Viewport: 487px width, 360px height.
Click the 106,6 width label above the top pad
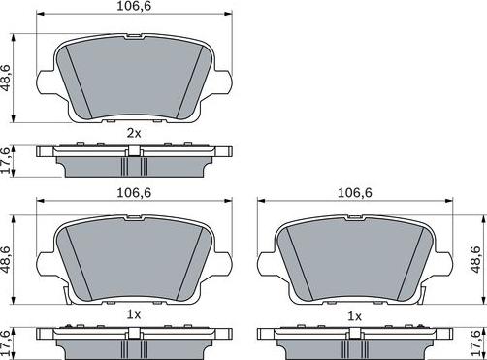coord(135,10)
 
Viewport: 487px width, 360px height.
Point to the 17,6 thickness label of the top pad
coord(9,158)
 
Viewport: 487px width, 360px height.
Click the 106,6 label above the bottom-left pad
coord(135,193)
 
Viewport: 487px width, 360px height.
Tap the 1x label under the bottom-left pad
coord(135,316)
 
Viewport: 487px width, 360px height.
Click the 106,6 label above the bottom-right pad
coord(355,193)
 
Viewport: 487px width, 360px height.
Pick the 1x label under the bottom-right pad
coord(355,316)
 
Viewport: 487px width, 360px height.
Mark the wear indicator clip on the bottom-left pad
coord(60,292)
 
